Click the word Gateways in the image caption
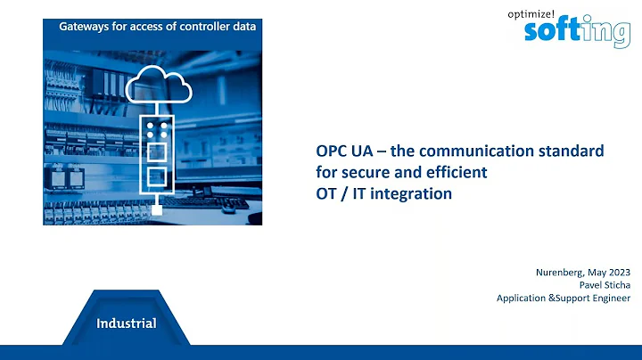(x=85, y=27)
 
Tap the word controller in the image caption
(x=196, y=27)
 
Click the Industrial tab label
(x=127, y=323)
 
